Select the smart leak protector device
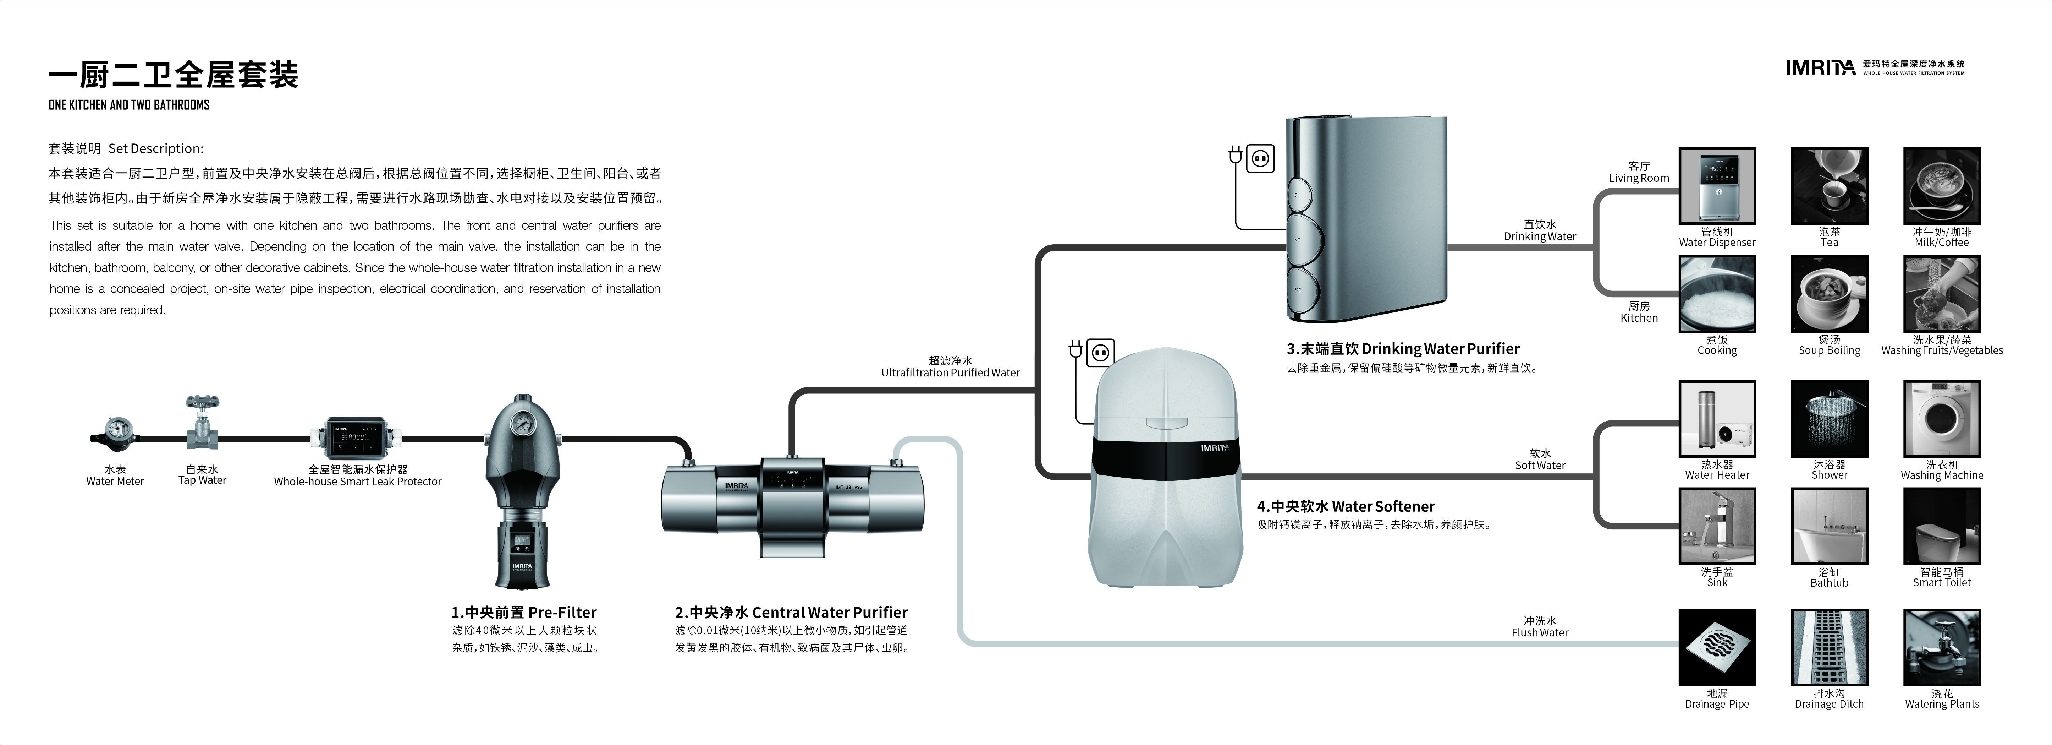coord(357,437)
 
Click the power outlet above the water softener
coord(1100,352)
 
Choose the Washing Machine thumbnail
coord(1942,419)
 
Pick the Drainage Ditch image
coord(1830,648)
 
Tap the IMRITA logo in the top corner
coord(1820,68)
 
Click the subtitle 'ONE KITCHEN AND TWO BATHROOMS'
coord(129,104)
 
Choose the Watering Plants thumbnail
coord(1942,648)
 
